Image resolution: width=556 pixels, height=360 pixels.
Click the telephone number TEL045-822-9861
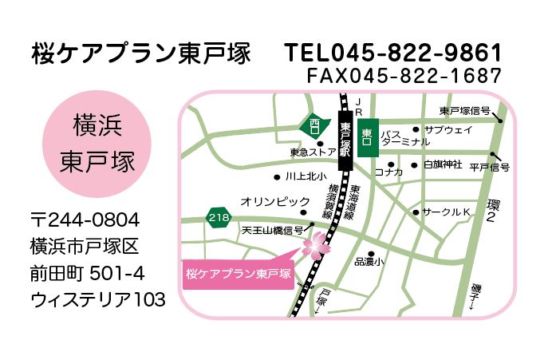click(x=394, y=53)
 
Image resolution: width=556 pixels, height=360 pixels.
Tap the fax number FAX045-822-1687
click(x=404, y=76)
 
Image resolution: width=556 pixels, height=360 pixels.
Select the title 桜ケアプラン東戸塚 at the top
click(x=140, y=53)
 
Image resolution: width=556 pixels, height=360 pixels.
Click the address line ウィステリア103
click(x=98, y=299)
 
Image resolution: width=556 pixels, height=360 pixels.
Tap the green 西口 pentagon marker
click(x=314, y=125)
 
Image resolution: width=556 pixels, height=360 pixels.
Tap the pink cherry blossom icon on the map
click(x=315, y=244)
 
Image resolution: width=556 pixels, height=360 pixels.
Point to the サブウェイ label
click(x=448, y=129)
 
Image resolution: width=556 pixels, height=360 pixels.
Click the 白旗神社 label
click(x=443, y=165)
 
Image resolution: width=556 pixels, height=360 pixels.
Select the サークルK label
click(x=447, y=212)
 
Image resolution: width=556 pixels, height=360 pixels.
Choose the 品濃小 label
click(x=369, y=261)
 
